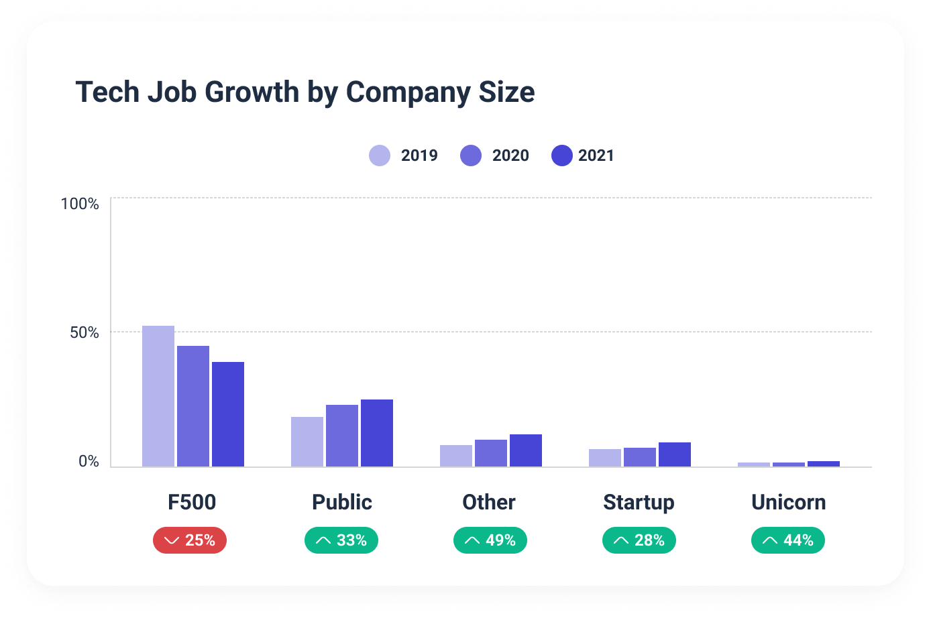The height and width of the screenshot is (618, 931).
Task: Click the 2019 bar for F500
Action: [158, 396]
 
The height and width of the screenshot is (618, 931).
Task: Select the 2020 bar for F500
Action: [193, 406]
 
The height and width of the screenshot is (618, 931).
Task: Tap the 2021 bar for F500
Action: [228, 414]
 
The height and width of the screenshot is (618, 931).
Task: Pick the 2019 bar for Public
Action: [307, 442]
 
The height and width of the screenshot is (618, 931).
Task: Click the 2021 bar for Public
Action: [377, 433]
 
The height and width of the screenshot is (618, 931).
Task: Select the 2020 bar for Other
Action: [491, 453]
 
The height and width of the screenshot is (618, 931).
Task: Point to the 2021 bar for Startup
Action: [675, 454]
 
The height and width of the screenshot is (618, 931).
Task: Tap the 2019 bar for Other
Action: [456, 456]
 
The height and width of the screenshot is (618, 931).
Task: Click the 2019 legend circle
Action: [380, 156]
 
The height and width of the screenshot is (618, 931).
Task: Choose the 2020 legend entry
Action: [495, 156]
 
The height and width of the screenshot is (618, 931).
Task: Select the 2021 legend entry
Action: [583, 156]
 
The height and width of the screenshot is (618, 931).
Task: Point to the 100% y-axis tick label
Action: [80, 204]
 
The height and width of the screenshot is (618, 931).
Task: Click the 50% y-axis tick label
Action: [85, 332]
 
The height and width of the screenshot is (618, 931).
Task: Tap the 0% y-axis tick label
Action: [89, 461]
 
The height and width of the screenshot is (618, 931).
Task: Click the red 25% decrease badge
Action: [190, 540]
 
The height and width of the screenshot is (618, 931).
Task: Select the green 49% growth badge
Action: [490, 540]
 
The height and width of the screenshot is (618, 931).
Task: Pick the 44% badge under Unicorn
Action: [788, 540]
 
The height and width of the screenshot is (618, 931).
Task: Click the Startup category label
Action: [639, 502]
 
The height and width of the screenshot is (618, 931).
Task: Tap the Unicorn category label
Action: [788, 502]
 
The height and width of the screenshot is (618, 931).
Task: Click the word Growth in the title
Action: [252, 92]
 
